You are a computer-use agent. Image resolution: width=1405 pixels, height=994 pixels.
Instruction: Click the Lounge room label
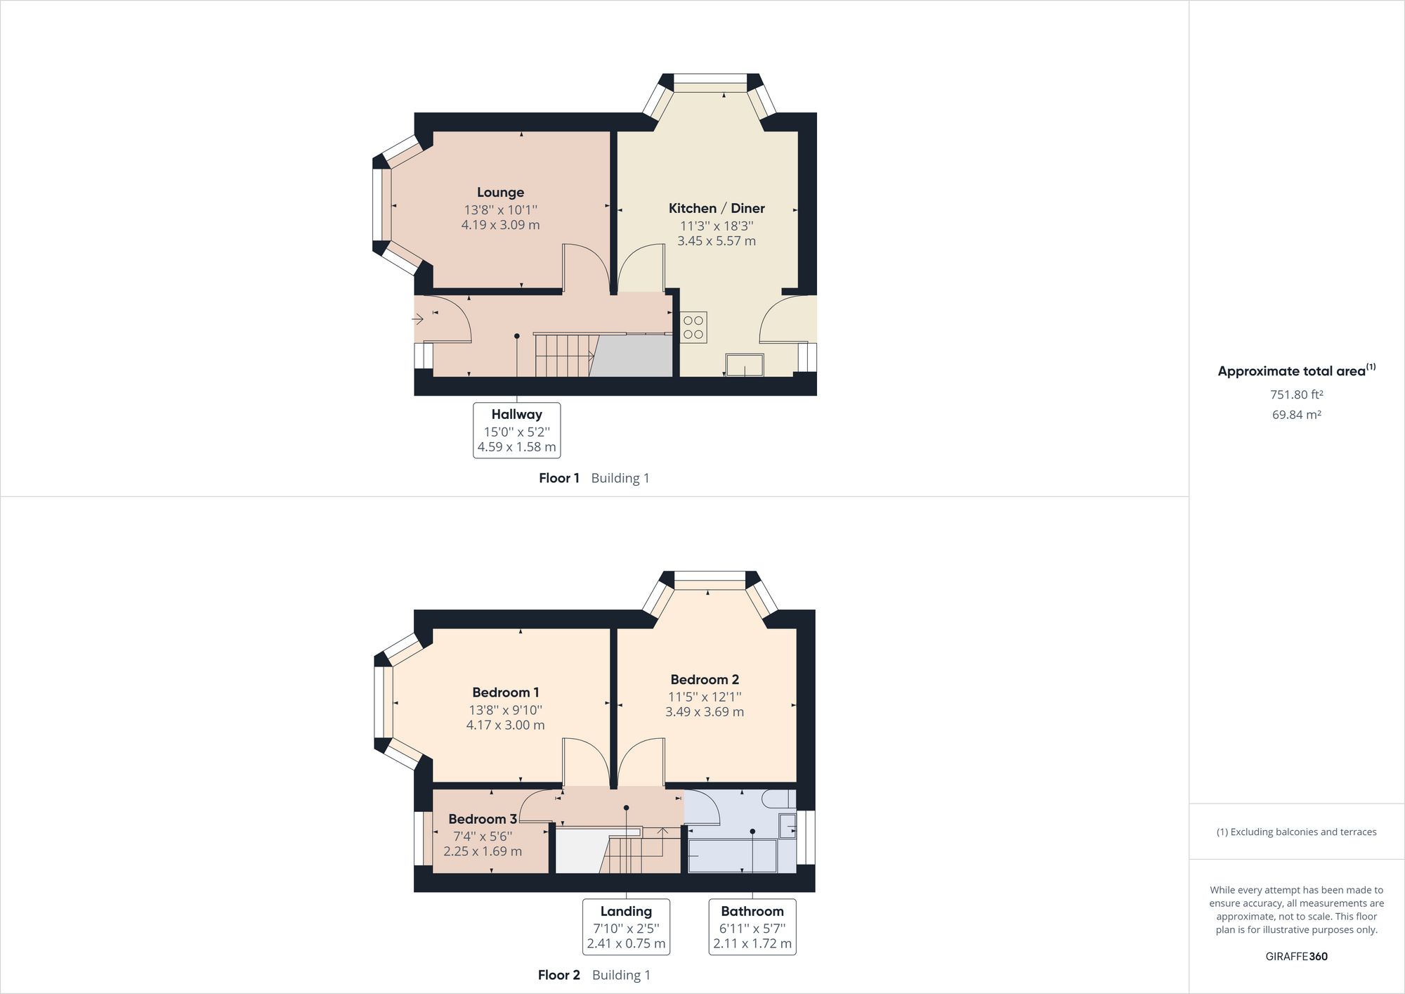[x=500, y=192]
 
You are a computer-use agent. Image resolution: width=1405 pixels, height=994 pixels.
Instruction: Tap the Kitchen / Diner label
[x=716, y=208]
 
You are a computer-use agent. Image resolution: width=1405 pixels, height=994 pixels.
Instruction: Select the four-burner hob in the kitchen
[x=693, y=328]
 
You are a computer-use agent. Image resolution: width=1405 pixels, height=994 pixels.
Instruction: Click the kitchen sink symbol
[x=745, y=365]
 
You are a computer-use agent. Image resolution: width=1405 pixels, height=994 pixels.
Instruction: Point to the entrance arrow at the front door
[x=417, y=320]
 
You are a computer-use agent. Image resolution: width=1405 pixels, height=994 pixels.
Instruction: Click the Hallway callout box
[x=516, y=430]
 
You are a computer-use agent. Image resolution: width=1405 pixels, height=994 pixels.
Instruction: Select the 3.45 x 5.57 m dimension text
[x=716, y=241]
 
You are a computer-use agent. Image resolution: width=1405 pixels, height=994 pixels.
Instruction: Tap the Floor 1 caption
[x=558, y=478]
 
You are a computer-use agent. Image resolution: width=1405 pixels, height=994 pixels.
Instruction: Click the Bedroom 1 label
[x=505, y=692]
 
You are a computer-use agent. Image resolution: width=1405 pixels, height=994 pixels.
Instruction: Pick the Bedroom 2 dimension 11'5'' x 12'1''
[x=704, y=697]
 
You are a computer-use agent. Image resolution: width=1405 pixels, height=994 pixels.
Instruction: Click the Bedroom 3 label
[x=482, y=819]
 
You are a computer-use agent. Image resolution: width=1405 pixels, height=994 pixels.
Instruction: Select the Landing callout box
[x=625, y=927]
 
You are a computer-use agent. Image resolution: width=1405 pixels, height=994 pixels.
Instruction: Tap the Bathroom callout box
[x=752, y=927]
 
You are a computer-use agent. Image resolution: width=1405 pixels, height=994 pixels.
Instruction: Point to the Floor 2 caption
[x=558, y=975]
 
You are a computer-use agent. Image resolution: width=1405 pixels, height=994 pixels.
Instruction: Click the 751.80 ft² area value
[x=1296, y=394]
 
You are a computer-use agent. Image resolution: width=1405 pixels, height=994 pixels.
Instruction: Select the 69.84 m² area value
[x=1296, y=415]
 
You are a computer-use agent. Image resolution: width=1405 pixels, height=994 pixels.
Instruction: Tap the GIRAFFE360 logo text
[x=1296, y=956]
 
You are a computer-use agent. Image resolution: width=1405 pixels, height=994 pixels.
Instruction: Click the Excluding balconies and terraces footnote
[x=1296, y=832]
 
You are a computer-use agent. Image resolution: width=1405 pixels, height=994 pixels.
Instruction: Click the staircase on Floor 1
[x=562, y=356]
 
